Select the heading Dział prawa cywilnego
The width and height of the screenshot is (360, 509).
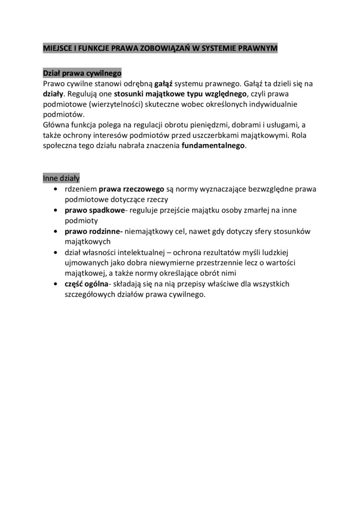[x=82, y=73]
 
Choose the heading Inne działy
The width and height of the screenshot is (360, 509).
[x=61, y=178]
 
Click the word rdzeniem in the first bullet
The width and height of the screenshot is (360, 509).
[x=81, y=189]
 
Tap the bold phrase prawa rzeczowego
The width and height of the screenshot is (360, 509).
[x=131, y=189]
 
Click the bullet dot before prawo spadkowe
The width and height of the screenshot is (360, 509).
[x=56, y=210]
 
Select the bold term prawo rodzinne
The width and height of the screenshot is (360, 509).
[x=93, y=231]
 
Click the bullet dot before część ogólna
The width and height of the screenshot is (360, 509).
[x=56, y=284]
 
